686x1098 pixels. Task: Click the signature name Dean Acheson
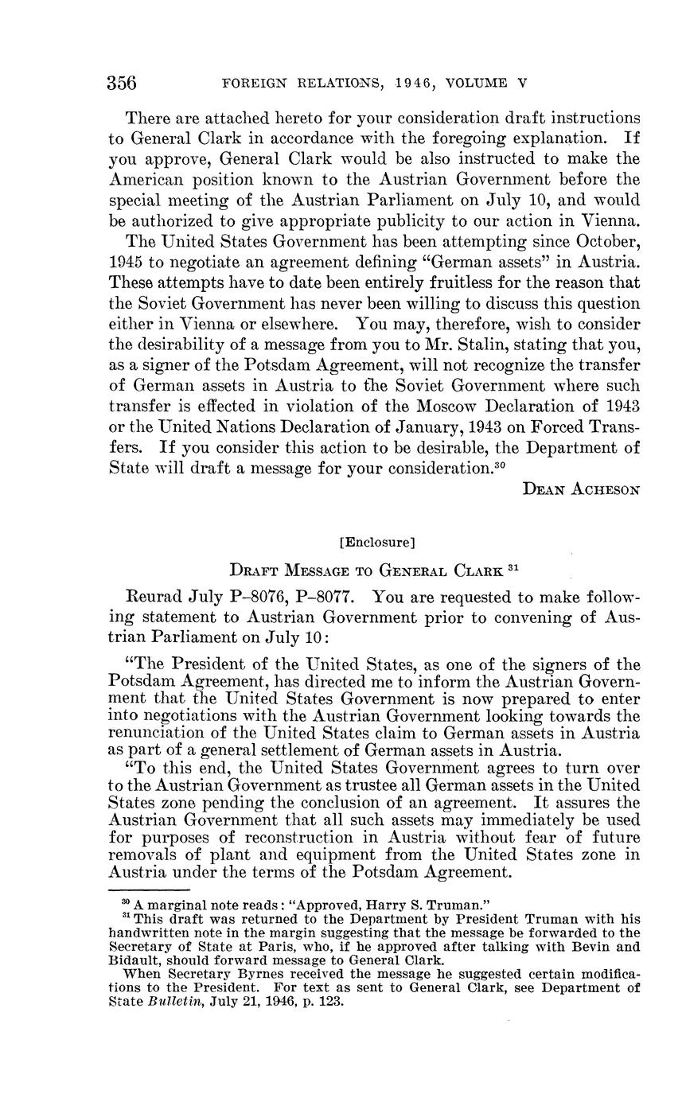(581, 489)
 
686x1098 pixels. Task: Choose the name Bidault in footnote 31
(132, 958)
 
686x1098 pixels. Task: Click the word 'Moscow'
(463, 407)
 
